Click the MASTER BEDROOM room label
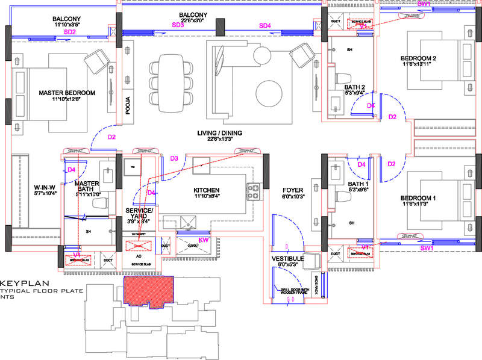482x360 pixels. click(x=67, y=93)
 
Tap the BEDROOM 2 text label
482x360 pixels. click(x=418, y=58)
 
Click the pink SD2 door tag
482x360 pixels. click(x=70, y=31)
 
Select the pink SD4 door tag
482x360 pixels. click(x=265, y=25)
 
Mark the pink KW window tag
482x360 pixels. click(x=203, y=240)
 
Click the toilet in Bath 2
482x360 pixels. click(x=344, y=79)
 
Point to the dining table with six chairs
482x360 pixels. click(x=170, y=82)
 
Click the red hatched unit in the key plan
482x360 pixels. click(x=148, y=291)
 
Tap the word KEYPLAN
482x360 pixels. click(x=20, y=282)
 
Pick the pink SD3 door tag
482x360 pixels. click(x=178, y=25)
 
